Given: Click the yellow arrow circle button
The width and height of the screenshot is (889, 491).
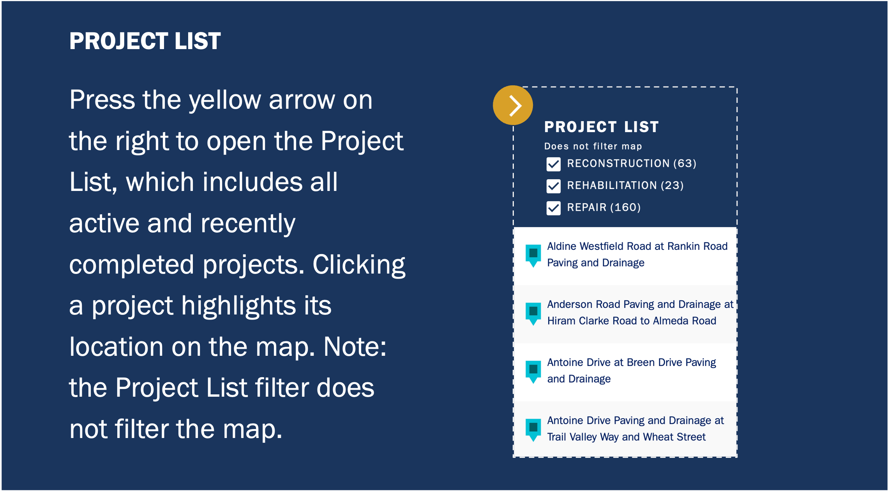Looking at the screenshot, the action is point(513,105).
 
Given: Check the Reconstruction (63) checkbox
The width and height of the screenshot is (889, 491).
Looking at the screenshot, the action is point(554,164).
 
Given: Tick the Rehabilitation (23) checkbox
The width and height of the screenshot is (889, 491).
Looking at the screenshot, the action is point(554,186).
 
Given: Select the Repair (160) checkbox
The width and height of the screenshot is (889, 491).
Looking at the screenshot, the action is point(554,208).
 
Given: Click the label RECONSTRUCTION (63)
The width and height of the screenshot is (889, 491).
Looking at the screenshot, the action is point(631,163).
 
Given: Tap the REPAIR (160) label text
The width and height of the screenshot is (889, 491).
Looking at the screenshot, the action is point(604,207).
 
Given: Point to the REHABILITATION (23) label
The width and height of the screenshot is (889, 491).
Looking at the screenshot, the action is point(625,185).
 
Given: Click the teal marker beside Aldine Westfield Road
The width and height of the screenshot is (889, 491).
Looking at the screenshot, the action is point(533,256).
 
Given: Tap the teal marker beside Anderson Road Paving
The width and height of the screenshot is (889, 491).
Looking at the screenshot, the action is point(533,314).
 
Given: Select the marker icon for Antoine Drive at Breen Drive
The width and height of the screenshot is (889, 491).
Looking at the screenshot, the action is point(533,372).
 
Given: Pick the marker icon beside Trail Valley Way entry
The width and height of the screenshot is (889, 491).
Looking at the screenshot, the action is point(533,430).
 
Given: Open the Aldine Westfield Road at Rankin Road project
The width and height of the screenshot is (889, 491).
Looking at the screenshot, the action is point(637,254).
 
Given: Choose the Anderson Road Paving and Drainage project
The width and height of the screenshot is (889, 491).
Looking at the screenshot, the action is point(640,313).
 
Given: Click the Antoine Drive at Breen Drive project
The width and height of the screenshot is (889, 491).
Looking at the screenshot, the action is point(631,371).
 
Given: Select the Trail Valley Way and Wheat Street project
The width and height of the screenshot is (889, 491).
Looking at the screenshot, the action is point(635,429).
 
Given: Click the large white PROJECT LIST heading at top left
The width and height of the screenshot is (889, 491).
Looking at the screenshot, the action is point(145,41).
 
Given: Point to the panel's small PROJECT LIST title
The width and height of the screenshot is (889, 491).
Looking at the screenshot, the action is point(601,127).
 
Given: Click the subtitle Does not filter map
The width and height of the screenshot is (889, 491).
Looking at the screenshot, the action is point(593,146).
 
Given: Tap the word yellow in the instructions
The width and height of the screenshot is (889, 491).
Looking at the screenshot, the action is point(225,101).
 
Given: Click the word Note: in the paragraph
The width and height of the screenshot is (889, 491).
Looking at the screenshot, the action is point(355,346).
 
